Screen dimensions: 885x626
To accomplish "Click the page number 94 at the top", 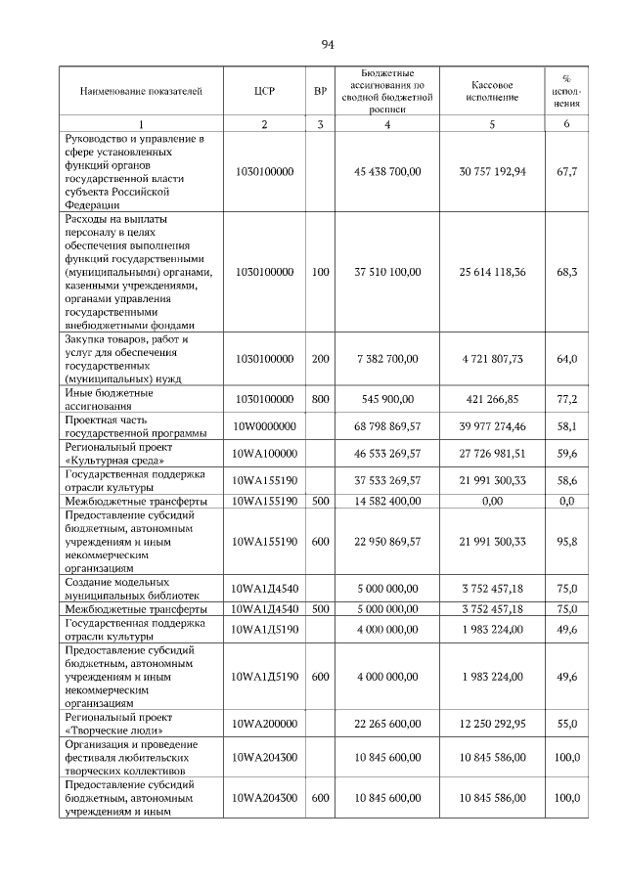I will [328, 44].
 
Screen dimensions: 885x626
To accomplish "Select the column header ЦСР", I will [263, 91].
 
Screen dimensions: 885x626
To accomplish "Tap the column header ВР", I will [320, 91].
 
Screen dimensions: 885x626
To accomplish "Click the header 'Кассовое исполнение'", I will [492, 91].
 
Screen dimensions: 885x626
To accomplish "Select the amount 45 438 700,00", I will [387, 171].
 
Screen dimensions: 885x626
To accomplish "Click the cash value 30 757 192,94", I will [492, 171].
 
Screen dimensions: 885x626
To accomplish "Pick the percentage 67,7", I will [566, 171].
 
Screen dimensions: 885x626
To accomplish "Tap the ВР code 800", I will [320, 399].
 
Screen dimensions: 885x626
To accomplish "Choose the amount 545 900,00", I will [387, 399].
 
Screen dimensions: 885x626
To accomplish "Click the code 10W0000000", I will [263, 426].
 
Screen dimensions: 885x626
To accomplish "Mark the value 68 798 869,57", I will [387, 426].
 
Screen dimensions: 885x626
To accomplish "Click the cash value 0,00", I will [492, 500].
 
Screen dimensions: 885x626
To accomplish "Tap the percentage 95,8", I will [566, 540].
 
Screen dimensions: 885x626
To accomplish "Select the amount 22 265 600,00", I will [387, 723].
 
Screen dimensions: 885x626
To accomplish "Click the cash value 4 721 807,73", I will [492, 359].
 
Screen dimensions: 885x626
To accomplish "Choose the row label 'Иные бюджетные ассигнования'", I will [108, 399].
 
